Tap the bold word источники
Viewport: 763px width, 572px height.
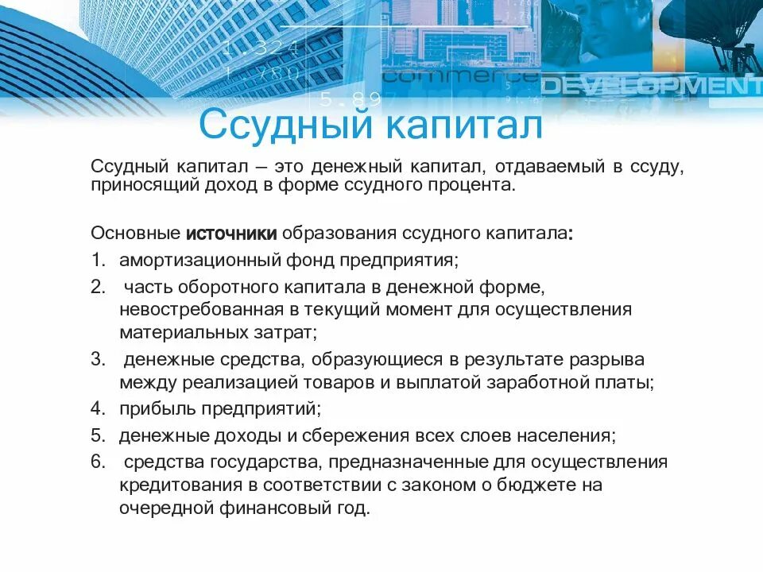(x=231, y=234)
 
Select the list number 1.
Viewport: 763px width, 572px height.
(x=97, y=260)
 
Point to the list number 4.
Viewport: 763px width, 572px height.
(x=98, y=409)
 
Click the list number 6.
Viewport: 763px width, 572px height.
(x=98, y=462)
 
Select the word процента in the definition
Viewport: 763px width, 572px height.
(x=476, y=186)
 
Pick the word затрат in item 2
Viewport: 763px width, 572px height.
(x=291, y=332)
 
